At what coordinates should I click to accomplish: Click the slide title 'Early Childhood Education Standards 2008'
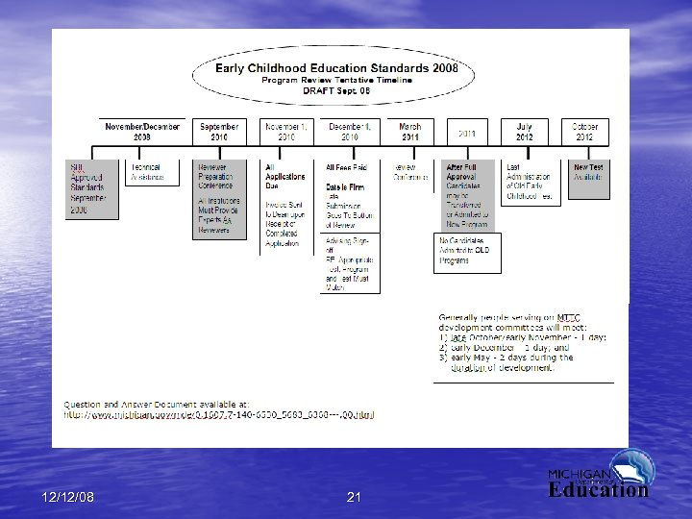click(336, 68)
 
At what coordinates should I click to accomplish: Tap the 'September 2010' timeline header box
click(220, 132)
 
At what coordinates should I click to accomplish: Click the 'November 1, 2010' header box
click(286, 132)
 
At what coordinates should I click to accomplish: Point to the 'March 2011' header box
click(409, 132)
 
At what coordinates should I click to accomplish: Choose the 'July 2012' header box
click(524, 132)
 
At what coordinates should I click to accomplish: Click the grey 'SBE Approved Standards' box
click(91, 188)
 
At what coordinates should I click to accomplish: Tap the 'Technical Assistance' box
click(148, 173)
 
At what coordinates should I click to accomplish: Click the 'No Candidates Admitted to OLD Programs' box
click(467, 252)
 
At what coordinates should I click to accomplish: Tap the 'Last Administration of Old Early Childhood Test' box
click(530, 182)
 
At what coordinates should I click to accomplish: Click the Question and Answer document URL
click(219, 415)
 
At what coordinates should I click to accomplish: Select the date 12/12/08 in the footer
click(68, 497)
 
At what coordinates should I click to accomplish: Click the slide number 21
click(354, 497)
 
